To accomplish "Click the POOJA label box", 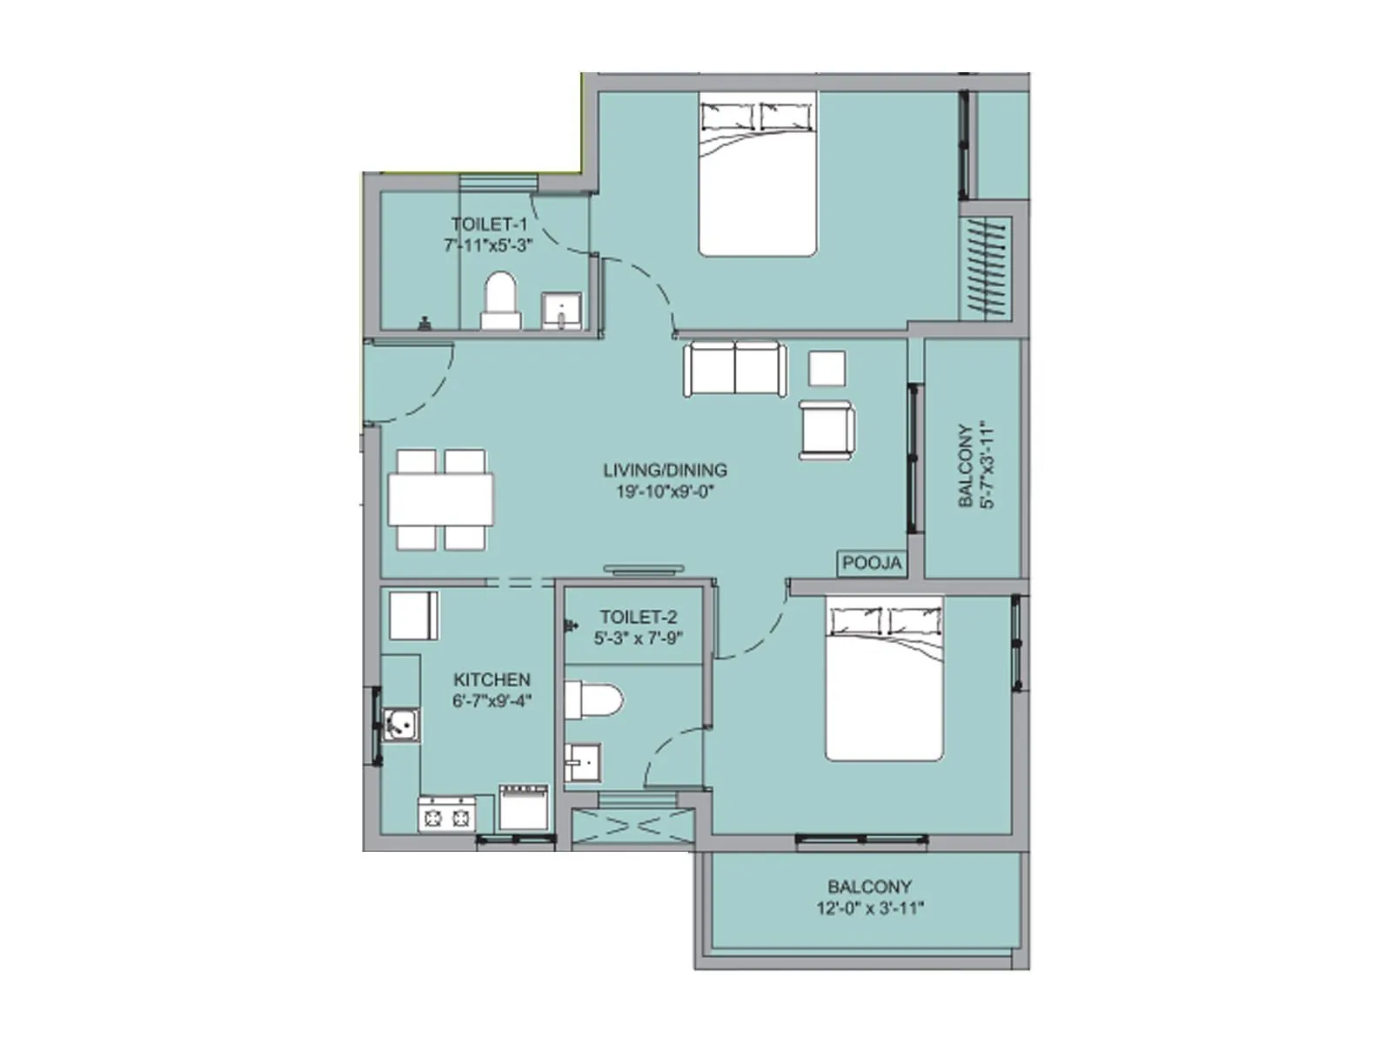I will click(872, 564).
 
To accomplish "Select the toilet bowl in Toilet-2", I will click(594, 700).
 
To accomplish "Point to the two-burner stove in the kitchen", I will click(447, 815).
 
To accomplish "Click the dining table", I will click(440, 499).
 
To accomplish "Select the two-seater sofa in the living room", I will click(735, 369).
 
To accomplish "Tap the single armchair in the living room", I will click(826, 429).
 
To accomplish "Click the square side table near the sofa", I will click(826, 368).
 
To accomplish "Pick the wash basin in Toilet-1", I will click(561, 311).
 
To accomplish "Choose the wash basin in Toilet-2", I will click(582, 763).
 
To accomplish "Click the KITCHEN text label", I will click(492, 679).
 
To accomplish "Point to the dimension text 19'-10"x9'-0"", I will click(665, 492).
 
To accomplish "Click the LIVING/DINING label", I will click(665, 470).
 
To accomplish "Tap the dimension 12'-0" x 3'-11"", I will click(869, 908).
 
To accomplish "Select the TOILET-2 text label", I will click(638, 617).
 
